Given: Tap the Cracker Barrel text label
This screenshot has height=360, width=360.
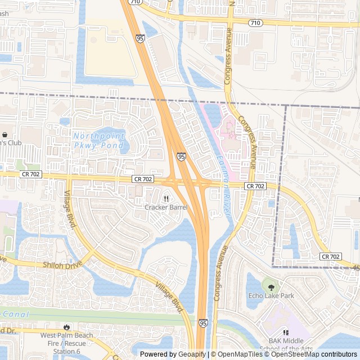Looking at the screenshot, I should click(x=166, y=207).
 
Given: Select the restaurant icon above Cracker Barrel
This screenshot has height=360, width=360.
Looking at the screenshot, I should click(x=166, y=199).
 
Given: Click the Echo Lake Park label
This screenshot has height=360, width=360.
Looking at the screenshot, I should click(x=271, y=296).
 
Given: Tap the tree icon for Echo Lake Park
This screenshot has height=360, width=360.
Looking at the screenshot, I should click(x=271, y=287).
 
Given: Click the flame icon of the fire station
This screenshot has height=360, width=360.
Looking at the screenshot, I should click(x=67, y=327).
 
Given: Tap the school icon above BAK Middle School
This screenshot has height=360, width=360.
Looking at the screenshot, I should click(x=285, y=332).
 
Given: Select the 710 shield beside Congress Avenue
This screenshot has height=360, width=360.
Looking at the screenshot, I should click(x=255, y=23).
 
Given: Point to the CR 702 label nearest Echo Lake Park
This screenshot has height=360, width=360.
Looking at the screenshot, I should click(x=331, y=256).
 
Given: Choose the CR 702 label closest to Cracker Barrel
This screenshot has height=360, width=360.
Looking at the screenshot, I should click(x=143, y=179).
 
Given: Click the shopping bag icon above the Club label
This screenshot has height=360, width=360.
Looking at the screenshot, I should click(x=5, y=135).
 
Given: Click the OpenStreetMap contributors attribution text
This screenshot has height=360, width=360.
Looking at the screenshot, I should click(x=313, y=354).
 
